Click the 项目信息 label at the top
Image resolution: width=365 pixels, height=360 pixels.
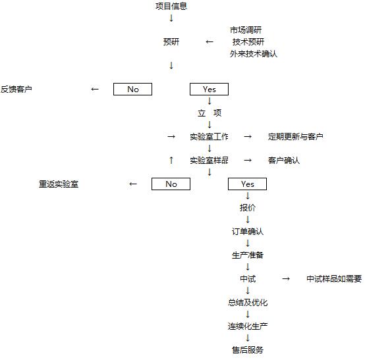(171, 6)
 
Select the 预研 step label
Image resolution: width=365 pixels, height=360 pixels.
(171, 42)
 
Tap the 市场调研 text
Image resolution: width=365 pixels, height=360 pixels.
(246, 30)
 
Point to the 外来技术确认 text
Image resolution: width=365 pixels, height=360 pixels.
(254, 54)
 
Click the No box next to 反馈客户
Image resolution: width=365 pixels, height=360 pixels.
(132, 89)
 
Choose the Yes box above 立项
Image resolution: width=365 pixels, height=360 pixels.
(209, 89)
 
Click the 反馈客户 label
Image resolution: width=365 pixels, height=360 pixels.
(16, 89)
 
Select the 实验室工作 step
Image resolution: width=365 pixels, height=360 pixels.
(209, 136)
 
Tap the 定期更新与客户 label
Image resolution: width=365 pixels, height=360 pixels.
(295, 136)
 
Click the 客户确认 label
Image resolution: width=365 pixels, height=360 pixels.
(283, 160)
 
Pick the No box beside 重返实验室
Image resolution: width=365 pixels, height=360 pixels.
(171, 184)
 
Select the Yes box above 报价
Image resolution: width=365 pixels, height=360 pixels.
(247, 184)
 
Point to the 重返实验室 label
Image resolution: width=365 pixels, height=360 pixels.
(59, 184)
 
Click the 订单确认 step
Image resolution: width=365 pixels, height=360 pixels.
(248, 232)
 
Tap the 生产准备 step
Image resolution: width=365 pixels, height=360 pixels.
(248, 255)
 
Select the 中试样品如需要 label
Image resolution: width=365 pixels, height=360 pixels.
(334, 278)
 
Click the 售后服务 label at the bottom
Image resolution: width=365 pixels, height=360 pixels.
(248, 349)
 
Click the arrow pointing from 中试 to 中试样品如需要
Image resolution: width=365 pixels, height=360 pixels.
(286, 278)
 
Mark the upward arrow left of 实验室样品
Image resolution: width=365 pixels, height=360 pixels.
(171, 160)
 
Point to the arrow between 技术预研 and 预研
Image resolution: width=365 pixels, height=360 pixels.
(210, 42)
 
